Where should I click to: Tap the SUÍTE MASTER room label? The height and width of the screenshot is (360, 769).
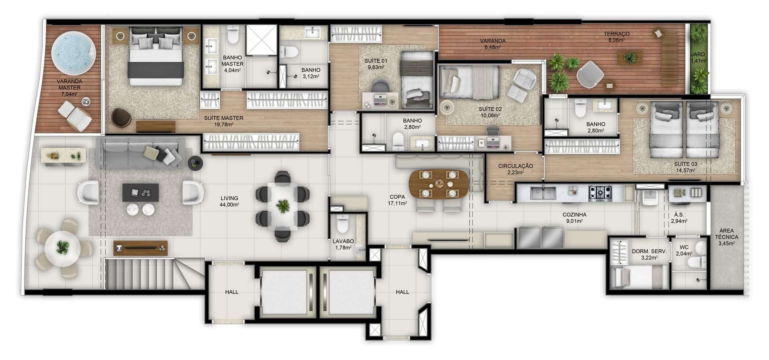(x=223, y=118)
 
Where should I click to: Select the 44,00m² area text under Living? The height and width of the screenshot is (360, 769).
(x=229, y=205)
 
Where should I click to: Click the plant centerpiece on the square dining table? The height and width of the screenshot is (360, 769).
(x=283, y=207)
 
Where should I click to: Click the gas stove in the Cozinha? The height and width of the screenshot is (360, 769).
(x=600, y=193)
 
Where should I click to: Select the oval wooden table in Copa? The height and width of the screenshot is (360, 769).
(x=439, y=185)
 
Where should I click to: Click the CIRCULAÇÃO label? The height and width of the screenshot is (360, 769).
(x=515, y=166)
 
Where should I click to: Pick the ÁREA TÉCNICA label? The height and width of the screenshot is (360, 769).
(x=727, y=234)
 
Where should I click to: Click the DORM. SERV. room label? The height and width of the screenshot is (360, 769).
(x=649, y=251)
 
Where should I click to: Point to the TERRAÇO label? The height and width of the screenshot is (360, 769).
(x=617, y=34)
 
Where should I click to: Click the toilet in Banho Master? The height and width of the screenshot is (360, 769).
(x=233, y=35)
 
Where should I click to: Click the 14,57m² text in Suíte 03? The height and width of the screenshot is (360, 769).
(x=685, y=170)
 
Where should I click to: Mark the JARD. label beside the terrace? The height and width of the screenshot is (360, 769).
(x=698, y=54)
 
